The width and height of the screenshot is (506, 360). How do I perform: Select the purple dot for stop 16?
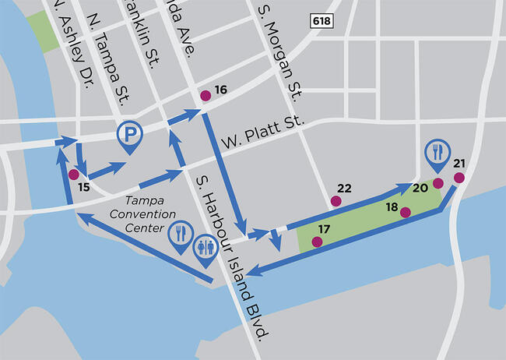point(206,96)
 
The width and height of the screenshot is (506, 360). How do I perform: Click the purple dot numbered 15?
point(73,174)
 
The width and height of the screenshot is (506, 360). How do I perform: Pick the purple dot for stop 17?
point(316,242)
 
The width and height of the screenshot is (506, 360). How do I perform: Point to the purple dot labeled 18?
point(405,212)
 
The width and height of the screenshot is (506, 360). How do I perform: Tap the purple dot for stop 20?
point(437,183)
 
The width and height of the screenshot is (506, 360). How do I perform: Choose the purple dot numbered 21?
point(459,178)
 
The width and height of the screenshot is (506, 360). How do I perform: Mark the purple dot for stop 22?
point(336,201)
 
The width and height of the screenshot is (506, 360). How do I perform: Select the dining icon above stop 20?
point(437,151)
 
